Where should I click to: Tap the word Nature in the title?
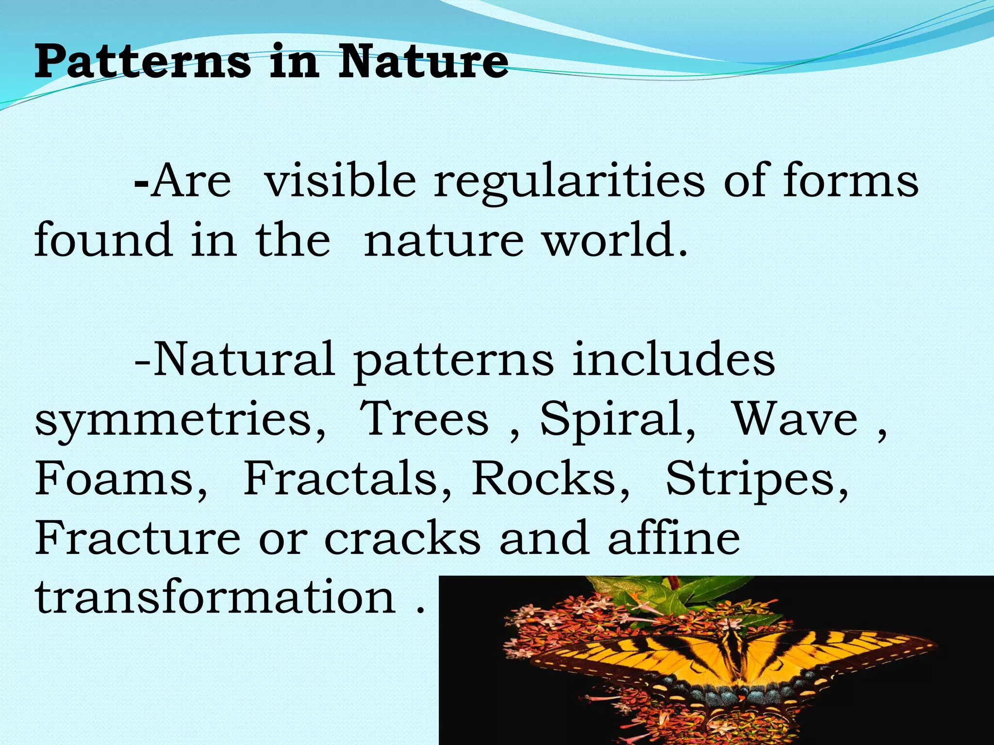click(x=423, y=62)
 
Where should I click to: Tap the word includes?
click(x=673, y=359)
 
